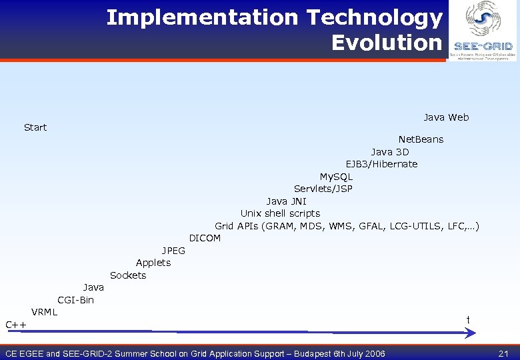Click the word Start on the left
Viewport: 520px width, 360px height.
point(35,127)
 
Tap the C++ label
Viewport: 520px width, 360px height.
point(16,325)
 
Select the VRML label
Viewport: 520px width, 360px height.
point(45,312)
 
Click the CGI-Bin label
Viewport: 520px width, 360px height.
point(76,300)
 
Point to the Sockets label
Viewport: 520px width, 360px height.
point(128,275)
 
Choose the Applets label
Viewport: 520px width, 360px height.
point(153,263)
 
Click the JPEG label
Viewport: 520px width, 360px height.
point(174,251)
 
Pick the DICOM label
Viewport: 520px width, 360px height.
point(205,238)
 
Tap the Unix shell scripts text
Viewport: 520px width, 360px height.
point(280,213)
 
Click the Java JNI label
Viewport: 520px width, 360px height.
point(287,201)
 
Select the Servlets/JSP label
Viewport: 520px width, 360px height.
point(323,189)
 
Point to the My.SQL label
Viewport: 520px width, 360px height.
point(336,177)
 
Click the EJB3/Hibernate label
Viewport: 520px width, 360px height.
point(381,164)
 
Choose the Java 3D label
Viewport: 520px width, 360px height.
point(390,152)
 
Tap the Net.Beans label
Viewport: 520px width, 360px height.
point(421,139)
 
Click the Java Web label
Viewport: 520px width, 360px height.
point(446,117)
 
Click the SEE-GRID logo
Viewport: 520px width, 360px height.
point(483,30)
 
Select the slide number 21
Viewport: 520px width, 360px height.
point(503,353)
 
